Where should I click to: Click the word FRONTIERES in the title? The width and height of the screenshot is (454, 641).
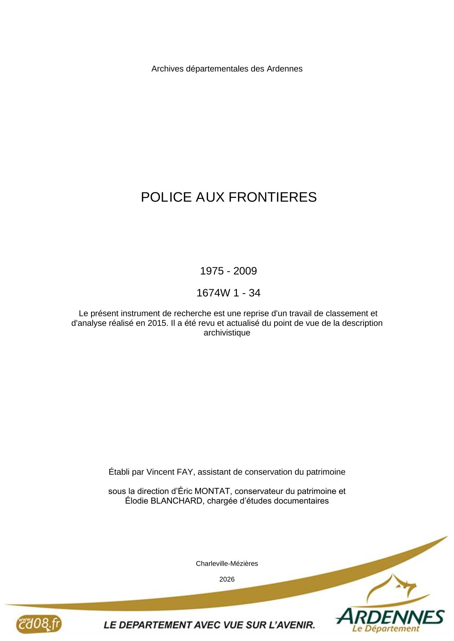(273, 197)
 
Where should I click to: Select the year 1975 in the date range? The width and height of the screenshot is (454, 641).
(212, 271)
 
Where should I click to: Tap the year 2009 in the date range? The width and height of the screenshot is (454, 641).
(245, 271)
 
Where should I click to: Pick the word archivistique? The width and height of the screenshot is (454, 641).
(227, 333)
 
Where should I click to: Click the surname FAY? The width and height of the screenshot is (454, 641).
(185, 472)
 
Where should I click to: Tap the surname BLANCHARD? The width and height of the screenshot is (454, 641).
(176, 501)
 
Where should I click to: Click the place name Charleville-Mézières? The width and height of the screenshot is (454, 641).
(227, 563)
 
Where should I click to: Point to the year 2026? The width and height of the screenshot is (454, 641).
(227, 579)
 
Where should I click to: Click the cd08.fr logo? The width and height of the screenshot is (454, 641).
(38, 624)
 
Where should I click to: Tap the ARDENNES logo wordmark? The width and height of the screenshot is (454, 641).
(390, 617)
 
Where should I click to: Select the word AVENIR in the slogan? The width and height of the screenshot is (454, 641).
(297, 625)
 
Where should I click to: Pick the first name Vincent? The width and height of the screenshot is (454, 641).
(160, 472)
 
